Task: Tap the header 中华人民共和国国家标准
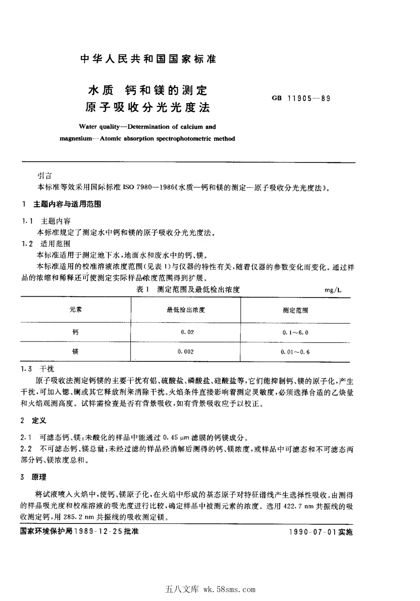[x=147, y=59]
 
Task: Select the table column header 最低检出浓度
[x=186, y=310]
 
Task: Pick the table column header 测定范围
[x=295, y=310]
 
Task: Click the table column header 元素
[x=76, y=310]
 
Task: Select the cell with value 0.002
[x=186, y=351]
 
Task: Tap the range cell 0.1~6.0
[x=295, y=332]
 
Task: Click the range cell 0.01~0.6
[x=295, y=352]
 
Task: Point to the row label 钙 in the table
[x=76, y=332]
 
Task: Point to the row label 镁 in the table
[x=76, y=351]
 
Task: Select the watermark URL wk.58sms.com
[x=229, y=589]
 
